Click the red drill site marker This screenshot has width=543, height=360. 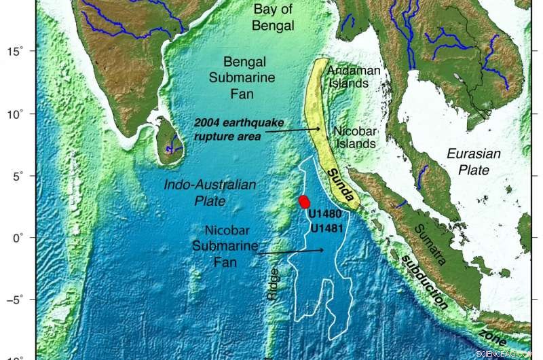coord(305,201)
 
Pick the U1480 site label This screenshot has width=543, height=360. coord(324,214)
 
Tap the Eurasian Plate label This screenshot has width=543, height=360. coord(474,161)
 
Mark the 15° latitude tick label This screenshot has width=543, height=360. coord(15,51)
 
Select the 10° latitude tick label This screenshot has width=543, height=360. coord(15,113)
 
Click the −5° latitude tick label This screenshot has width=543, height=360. coord(14,299)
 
